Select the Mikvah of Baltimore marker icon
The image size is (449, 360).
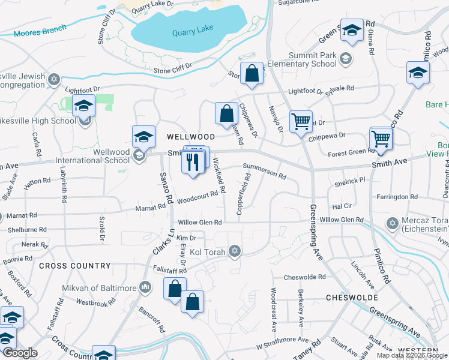coord(145,288)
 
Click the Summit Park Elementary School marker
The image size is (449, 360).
coord(345,58)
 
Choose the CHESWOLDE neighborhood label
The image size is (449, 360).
coord(352,298)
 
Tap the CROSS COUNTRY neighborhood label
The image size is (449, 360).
coord(75,266)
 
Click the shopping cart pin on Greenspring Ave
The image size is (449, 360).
coord(301,121)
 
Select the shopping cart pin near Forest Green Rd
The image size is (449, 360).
coord(381,139)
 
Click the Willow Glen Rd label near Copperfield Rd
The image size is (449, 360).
coord(200,222)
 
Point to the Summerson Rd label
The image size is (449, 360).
coord(264,173)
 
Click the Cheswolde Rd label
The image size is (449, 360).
coord(304,277)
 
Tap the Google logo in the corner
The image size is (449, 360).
coord(19,353)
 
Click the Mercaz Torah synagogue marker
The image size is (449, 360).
coord(393,224)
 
